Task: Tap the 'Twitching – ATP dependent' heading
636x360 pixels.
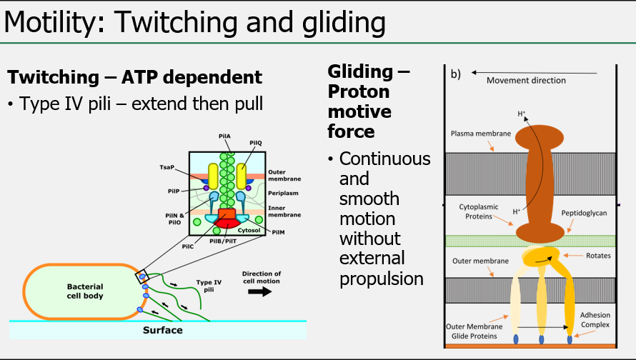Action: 134,77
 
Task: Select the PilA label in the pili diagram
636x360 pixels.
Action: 224,136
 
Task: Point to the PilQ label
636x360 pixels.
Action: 256,144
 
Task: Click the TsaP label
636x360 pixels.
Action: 167,166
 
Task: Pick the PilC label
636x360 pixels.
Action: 188,246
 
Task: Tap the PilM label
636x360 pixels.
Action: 278,232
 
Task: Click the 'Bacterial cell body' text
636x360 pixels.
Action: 85,291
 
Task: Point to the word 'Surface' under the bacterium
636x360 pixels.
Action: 163,330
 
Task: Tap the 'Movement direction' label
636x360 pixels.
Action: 526,80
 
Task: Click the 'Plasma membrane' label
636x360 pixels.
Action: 481,134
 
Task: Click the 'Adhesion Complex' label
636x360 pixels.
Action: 595,319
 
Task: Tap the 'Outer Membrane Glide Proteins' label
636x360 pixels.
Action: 475,333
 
